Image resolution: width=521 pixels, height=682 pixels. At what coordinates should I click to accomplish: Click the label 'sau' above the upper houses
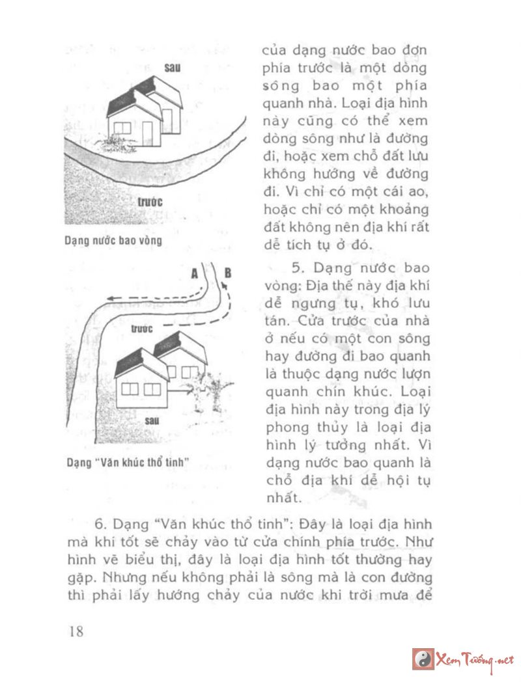pos(172,68)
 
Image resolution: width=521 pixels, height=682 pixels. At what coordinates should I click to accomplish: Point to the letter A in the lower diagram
pos(194,274)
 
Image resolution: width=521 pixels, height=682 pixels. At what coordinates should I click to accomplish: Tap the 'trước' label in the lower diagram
pos(141,329)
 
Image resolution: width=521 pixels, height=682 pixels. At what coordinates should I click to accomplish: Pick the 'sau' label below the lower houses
pos(152,420)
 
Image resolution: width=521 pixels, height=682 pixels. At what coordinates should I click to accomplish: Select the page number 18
pos(76,631)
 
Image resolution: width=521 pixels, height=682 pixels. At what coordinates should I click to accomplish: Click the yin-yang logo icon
pos(424,659)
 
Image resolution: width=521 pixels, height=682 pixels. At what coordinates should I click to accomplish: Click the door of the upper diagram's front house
pos(147,133)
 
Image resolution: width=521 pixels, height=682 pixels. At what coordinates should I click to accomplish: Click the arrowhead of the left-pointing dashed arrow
pos(111,298)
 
